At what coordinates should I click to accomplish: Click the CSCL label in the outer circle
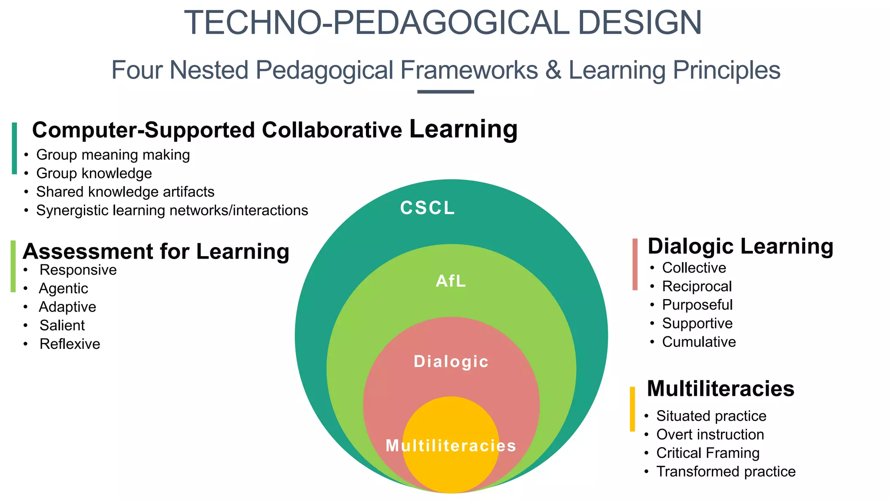tap(427, 208)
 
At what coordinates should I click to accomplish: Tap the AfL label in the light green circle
tap(451, 281)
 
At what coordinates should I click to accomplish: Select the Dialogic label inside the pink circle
tap(451, 362)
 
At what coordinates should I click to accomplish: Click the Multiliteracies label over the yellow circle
tap(451, 446)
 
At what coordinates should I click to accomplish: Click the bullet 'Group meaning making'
tap(113, 155)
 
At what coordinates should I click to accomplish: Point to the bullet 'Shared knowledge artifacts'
tap(125, 192)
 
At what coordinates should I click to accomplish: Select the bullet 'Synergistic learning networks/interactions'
tap(172, 211)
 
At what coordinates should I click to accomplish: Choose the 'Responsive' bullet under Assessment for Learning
tap(78, 270)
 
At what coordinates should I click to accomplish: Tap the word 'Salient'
tap(62, 326)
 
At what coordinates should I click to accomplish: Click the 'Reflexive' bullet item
tap(70, 344)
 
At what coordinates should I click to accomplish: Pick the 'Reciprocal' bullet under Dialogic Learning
tap(697, 286)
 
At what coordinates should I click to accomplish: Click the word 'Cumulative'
tap(699, 342)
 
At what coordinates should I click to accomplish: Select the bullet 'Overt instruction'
tap(710, 434)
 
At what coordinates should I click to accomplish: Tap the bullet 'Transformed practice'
tap(726, 471)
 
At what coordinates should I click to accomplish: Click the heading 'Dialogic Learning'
tap(740, 247)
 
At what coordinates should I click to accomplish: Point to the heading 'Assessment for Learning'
tap(156, 252)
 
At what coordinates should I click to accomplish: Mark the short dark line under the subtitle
tap(445, 92)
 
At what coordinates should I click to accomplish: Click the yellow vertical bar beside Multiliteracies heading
tap(632, 409)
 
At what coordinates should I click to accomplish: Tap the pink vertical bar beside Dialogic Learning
tap(635, 264)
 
